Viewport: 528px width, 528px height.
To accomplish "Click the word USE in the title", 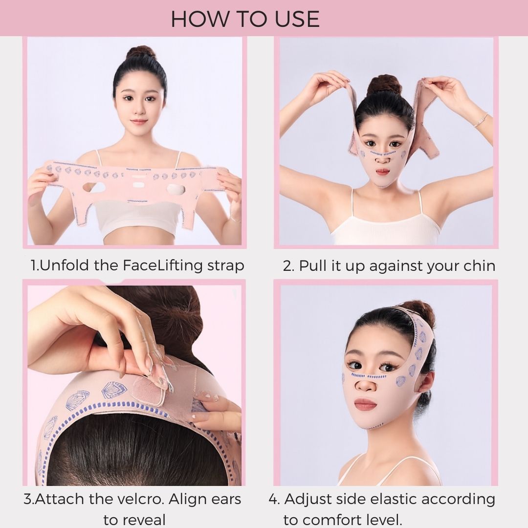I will click(x=295, y=19).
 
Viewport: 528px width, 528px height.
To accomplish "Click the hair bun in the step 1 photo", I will click(x=142, y=53).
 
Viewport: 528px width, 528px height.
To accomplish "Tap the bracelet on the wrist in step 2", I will click(x=481, y=119).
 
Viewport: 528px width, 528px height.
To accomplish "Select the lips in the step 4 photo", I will click(x=366, y=404).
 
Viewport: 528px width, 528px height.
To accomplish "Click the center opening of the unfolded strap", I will click(x=138, y=185).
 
